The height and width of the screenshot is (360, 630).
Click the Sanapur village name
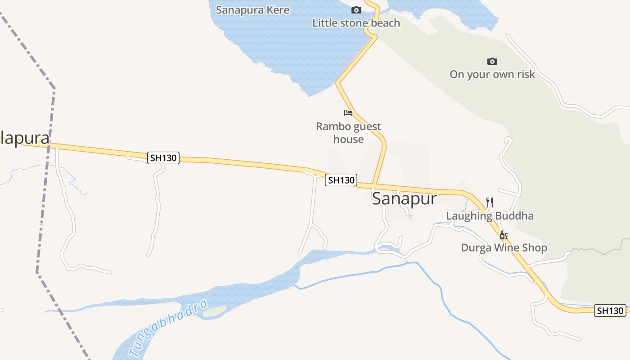(x=404, y=198)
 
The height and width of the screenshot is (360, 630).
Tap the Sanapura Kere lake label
(x=252, y=10)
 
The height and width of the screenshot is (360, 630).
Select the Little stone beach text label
(x=356, y=23)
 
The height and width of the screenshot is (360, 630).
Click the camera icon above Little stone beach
(x=356, y=10)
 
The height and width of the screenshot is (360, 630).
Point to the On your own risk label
(x=492, y=74)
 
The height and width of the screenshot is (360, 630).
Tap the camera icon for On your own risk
(x=492, y=61)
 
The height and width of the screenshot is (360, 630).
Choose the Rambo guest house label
(x=348, y=133)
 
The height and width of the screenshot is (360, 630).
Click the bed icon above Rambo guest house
(x=348, y=112)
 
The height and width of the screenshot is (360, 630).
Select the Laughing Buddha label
(x=490, y=216)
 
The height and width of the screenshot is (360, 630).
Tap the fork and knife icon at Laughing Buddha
(x=490, y=202)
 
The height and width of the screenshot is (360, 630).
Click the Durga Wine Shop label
(x=504, y=247)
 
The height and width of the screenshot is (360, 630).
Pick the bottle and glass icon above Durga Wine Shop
(x=504, y=235)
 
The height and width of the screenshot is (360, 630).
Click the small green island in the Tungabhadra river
(x=215, y=311)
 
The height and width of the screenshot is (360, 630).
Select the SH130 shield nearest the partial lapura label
(x=163, y=158)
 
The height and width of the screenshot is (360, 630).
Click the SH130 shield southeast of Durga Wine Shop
(x=610, y=310)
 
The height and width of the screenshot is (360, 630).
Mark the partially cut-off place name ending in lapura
(x=24, y=138)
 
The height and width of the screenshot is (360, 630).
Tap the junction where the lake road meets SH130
(x=373, y=184)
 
